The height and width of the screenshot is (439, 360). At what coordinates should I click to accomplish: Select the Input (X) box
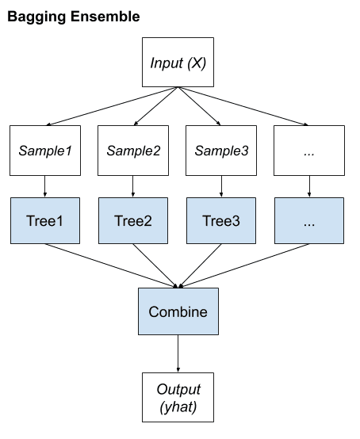pos(178,62)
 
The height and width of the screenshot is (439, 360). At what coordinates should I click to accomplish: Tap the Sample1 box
pos(44,150)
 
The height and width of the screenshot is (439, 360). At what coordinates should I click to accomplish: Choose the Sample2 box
pos(133,150)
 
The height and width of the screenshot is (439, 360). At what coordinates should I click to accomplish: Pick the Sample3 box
pos(221,150)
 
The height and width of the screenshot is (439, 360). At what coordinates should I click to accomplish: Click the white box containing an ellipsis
pos(309,150)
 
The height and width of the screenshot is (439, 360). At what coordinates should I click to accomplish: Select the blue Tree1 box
pos(44,220)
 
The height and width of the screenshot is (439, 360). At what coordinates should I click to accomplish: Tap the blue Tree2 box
pos(133,220)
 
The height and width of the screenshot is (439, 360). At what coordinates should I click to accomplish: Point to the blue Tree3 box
pos(221,220)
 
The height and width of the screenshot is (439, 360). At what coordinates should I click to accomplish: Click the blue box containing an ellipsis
pos(309,220)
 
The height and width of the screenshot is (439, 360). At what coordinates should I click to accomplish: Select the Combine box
pos(178,311)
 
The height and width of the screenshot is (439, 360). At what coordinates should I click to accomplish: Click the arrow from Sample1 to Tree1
pos(44,186)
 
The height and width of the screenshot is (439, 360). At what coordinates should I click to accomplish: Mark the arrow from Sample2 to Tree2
pos(133,186)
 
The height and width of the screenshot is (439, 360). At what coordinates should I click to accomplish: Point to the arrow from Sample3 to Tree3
pos(221,186)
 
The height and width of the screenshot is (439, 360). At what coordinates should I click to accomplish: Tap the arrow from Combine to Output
pos(178,354)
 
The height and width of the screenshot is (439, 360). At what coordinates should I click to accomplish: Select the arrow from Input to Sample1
pos(111,106)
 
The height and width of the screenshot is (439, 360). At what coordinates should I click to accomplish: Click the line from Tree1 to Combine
pos(111,265)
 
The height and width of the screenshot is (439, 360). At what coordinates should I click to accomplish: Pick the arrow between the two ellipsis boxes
pos(309,186)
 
